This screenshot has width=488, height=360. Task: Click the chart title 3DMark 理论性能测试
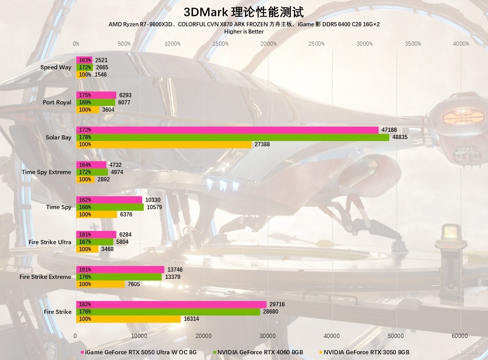(244, 12)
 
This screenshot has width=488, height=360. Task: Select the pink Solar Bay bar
(227, 130)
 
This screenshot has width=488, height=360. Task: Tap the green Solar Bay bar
(233, 137)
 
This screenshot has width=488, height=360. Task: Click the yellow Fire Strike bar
(128, 319)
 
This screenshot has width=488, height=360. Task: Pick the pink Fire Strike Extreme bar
(120, 270)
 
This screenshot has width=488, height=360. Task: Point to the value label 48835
(400, 137)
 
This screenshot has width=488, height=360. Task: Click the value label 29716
(277, 304)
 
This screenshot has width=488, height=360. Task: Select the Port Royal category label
(57, 102)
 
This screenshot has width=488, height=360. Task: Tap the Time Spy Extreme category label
(47, 172)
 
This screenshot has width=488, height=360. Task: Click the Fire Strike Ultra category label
(50, 242)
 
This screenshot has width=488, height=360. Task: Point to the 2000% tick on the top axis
(268, 44)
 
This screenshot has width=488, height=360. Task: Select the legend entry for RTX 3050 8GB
(366, 352)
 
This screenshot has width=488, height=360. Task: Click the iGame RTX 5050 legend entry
(141, 352)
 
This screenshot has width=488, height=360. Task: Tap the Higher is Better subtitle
(244, 32)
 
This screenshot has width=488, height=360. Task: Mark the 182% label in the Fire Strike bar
(85, 304)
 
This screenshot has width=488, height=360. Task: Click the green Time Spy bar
(110, 207)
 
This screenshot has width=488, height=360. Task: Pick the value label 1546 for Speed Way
(101, 75)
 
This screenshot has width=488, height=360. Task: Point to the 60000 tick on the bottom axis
(459, 336)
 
